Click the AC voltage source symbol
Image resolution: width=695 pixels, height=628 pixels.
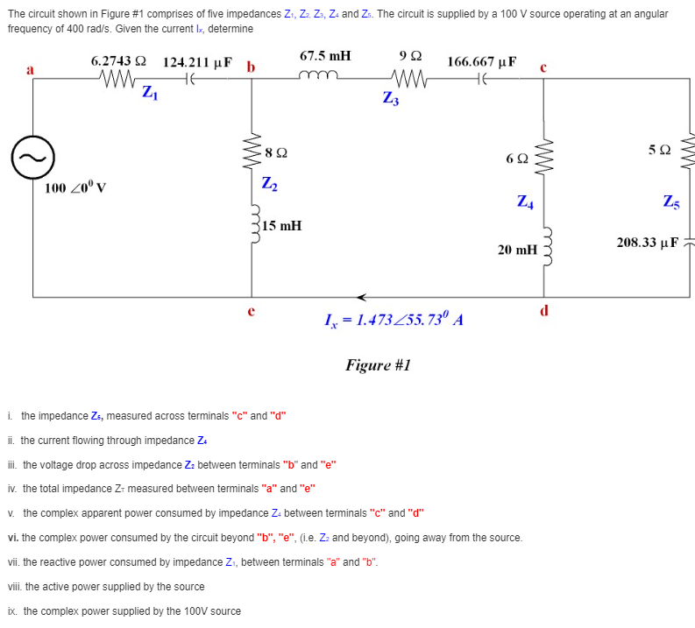click(x=26, y=159)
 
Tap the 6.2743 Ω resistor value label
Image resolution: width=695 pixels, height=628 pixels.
click(x=111, y=61)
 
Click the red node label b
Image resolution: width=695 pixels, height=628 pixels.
click(x=252, y=67)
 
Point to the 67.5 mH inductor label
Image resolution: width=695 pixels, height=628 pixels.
click(x=325, y=55)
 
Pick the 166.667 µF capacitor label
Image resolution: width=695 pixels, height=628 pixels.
click(x=482, y=62)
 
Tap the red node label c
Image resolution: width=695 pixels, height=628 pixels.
click(x=544, y=67)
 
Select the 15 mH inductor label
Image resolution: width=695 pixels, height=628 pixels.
click(x=281, y=226)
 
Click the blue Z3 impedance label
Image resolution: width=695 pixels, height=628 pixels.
click(x=391, y=98)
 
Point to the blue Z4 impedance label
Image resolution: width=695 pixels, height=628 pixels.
click(x=524, y=201)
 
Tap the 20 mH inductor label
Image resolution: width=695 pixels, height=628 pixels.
click(x=516, y=250)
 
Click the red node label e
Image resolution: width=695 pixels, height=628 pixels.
click(x=252, y=308)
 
